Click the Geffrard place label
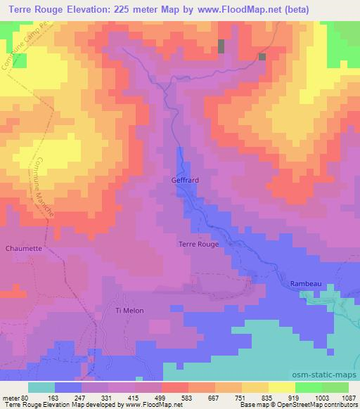[185, 180]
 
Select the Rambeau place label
[306, 283]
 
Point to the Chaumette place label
[24, 247]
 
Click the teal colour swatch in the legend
[41, 387]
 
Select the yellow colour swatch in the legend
[281, 387]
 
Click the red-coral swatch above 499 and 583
[174, 387]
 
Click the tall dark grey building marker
[221, 46]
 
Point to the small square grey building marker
[262, 57]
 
